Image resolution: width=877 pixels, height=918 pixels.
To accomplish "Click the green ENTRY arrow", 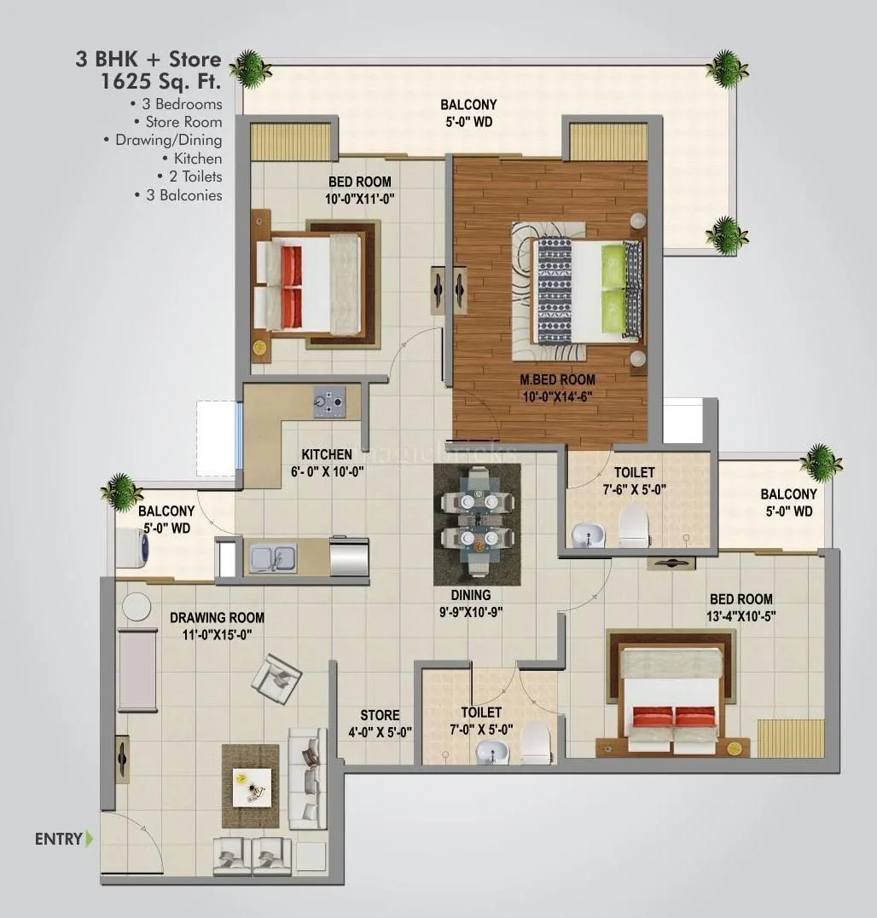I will [x=90, y=839].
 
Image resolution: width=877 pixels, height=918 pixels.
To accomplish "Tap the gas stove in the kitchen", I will [x=329, y=401].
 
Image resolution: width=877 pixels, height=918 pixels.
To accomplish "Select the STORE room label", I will [x=380, y=716].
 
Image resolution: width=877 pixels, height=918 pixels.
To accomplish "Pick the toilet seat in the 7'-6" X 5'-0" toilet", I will [x=634, y=525].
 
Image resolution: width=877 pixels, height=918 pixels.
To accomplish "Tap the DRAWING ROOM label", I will [x=217, y=618].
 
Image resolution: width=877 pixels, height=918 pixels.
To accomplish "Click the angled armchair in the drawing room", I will [x=276, y=678].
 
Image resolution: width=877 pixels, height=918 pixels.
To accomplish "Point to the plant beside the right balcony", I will [x=821, y=463].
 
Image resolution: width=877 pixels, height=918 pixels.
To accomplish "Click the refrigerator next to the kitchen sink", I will [x=349, y=557].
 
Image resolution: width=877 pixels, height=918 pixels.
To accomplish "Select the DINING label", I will [x=471, y=595].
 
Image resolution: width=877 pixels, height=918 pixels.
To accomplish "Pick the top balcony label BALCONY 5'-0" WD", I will [x=468, y=113].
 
